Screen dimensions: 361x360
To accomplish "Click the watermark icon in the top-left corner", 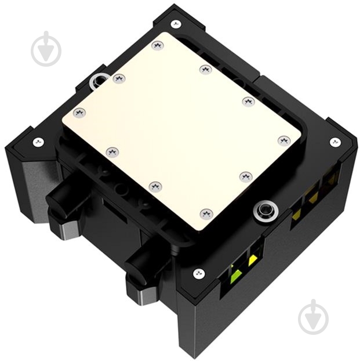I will tap(46, 49).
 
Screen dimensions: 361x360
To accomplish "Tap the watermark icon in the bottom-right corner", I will tap(313, 317).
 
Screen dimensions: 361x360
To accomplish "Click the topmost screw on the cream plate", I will tap(156, 45).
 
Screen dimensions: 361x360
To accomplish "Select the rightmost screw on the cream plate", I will tap(283, 140).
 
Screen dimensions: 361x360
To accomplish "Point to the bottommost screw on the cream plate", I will tap(206, 214).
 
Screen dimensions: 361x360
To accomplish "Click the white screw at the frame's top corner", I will tap(176, 24).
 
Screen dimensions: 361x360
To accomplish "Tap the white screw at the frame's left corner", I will tap(38, 141).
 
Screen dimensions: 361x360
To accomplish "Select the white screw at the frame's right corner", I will tap(334, 142).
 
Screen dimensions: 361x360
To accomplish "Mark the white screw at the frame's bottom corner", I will tap(198, 273).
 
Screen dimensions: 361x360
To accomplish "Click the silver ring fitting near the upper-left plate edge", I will tap(99, 81).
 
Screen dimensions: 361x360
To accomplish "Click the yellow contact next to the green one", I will tap(253, 260).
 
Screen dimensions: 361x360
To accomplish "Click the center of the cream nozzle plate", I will tap(181, 129).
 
